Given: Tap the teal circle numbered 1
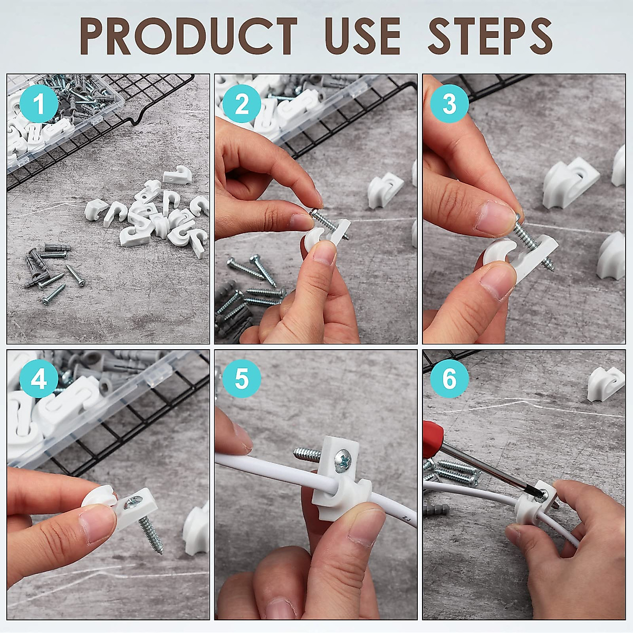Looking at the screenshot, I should pyautogui.click(x=39, y=104).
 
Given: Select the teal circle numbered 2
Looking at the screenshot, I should pyautogui.click(x=242, y=104).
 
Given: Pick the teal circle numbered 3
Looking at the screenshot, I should pyautogui.click(x=449, y=104).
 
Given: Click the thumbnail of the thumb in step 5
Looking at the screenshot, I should pyautogui.click(x=365, y=527).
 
